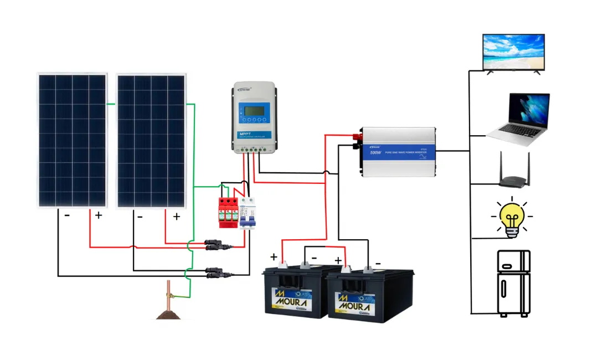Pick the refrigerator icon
pos(513,283)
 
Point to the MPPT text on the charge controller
pos(245,134)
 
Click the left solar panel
pos(71,140)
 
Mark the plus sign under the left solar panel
pos(99,215)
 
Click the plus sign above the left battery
pos(274,257)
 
